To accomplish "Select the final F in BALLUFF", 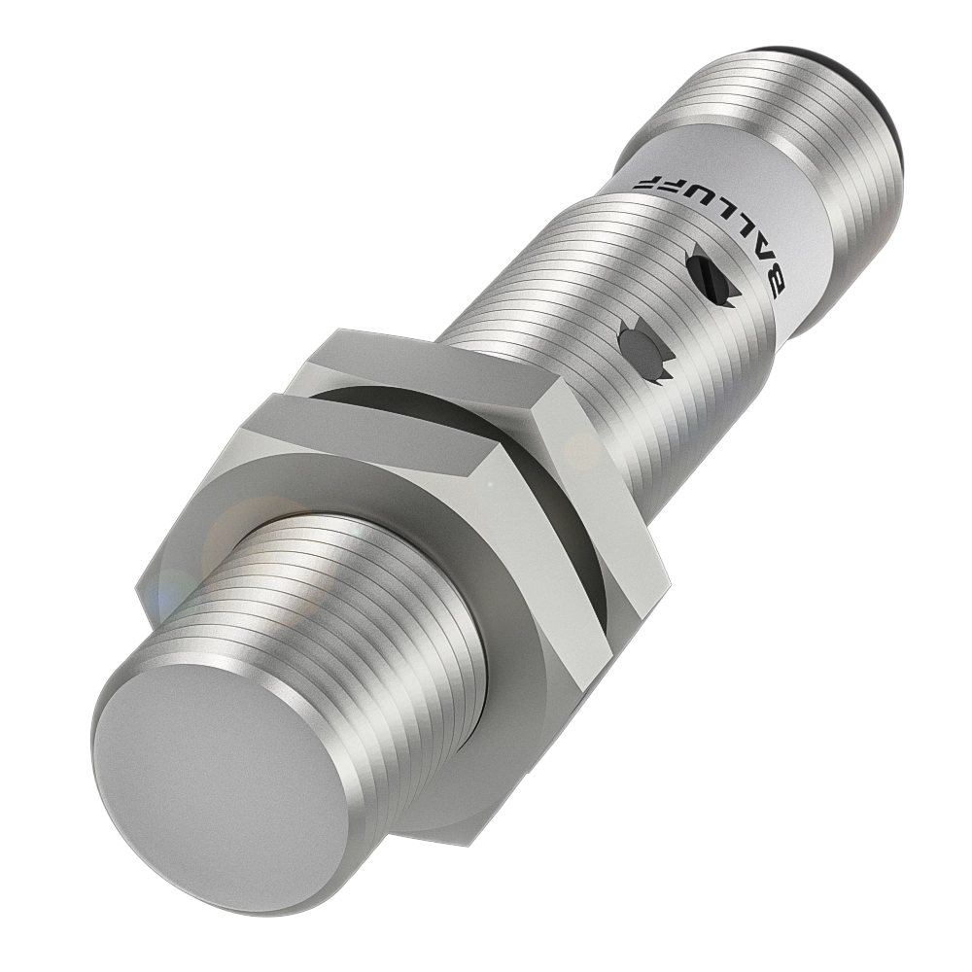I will point(645,184).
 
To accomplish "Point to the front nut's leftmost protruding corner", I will point(141,588).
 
